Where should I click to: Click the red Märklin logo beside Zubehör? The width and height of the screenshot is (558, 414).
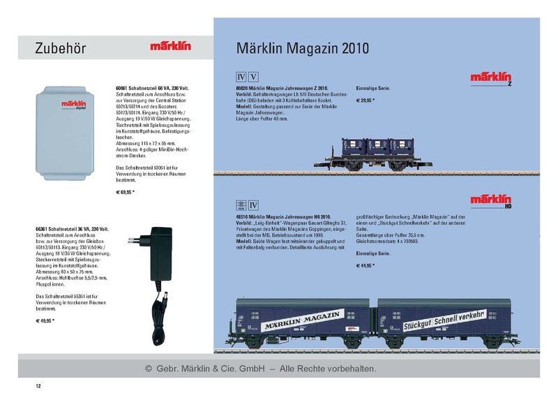click(169, 47)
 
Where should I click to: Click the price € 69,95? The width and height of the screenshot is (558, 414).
click(125, 191)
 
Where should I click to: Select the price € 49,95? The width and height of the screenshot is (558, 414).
click(45, 320)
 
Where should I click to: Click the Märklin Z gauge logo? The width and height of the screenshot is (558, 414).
click(492, 78)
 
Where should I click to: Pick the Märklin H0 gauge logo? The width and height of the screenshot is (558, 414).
click(492, 201)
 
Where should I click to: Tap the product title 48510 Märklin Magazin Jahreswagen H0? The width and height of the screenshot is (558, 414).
click(288, 217)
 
